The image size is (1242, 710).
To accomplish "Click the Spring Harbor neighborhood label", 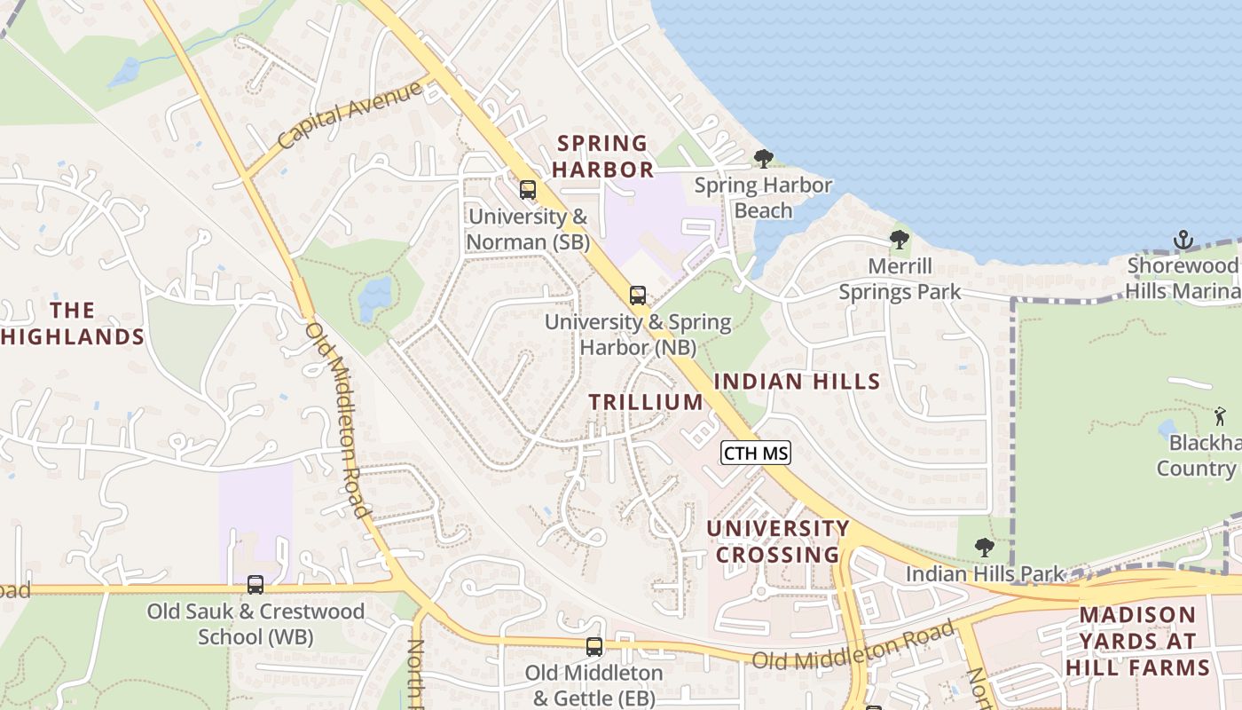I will click(x=604, y=155).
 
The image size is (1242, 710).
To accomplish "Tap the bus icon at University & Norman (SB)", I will click(x=528, y=189).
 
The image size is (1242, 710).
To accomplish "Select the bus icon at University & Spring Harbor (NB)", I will click(x=637, y=296).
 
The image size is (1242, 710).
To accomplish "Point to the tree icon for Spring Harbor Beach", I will click(x=763, y=160).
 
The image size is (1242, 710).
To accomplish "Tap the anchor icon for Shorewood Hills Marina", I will click(x=1183, y=240).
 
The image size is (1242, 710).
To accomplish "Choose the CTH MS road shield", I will click(x=755, y=454).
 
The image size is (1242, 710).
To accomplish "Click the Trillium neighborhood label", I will click(x=646, y=402).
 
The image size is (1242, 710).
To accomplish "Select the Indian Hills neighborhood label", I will click(x=797, y=382).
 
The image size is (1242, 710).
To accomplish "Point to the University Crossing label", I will click(x=778, y=541).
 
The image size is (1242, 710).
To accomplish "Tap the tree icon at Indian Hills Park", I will click(x=984, y=548).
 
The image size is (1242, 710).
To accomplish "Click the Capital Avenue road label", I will click(x=349, y=116).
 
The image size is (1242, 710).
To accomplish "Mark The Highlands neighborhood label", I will click(x=73, y=323).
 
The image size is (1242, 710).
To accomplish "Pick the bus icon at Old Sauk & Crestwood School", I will click(x=255, y=585).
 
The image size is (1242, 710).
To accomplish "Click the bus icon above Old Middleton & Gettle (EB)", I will click(x=594, y=648).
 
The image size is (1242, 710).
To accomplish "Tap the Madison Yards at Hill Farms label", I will click(x=1137, y=641).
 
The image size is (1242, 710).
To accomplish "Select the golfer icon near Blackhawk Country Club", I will click(x=1221, y=415).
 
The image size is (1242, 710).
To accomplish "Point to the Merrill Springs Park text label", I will click(x=900, y=279).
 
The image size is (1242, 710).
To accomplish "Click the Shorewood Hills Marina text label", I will click(x=1183, y=279).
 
